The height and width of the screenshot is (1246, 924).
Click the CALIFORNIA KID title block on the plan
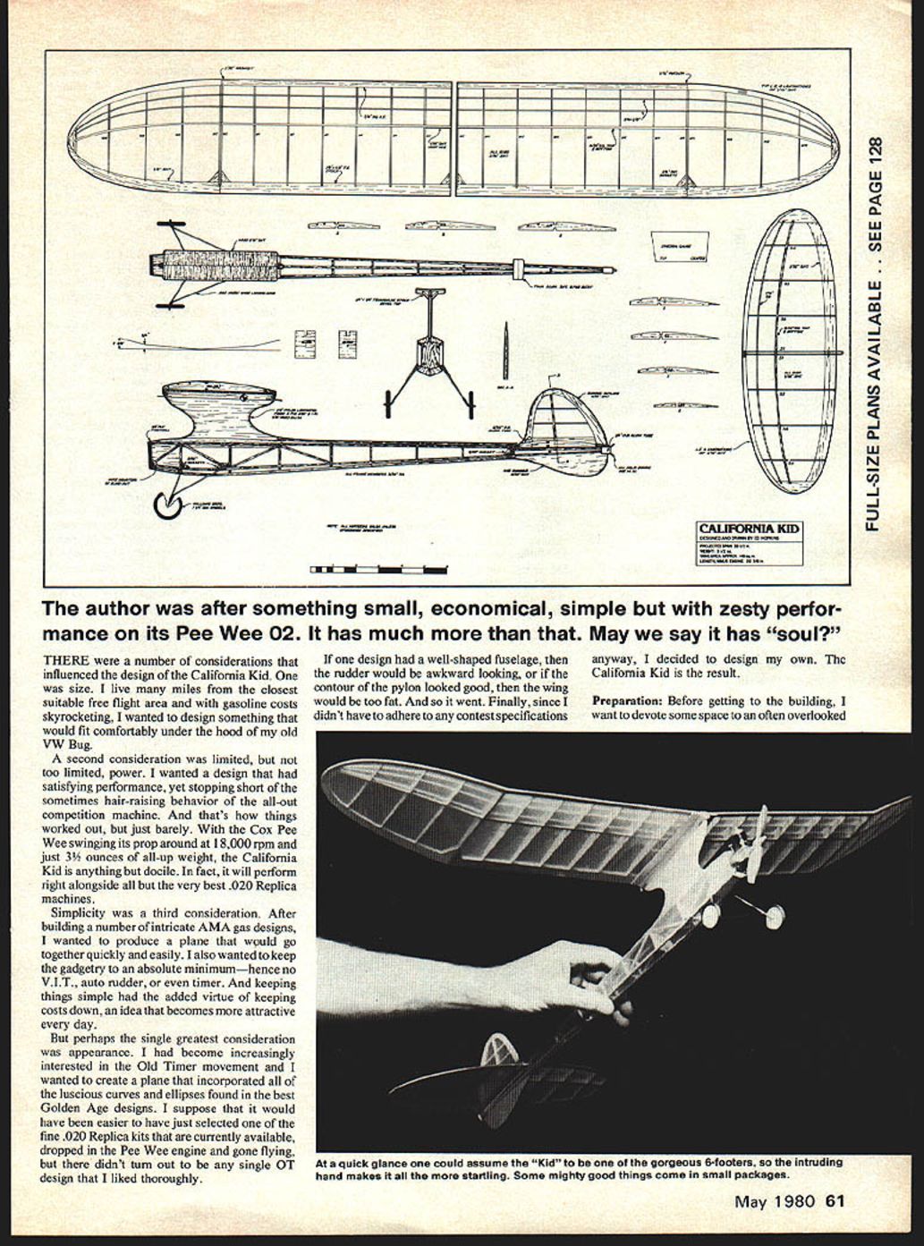pos(750,530)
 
